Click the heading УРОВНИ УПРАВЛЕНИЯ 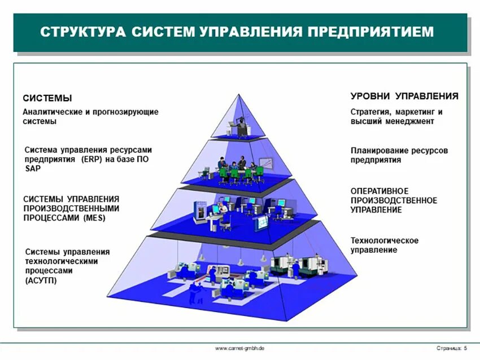pyautogui.click(x=404, y=96)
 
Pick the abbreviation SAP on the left pyautogui.click(x=33, y=169)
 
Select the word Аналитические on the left pyautogui.click(x=53, y=112)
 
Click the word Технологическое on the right pyautogui.click(x=385, y=241)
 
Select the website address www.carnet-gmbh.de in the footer pyautogui.click(x=240, y=348)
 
